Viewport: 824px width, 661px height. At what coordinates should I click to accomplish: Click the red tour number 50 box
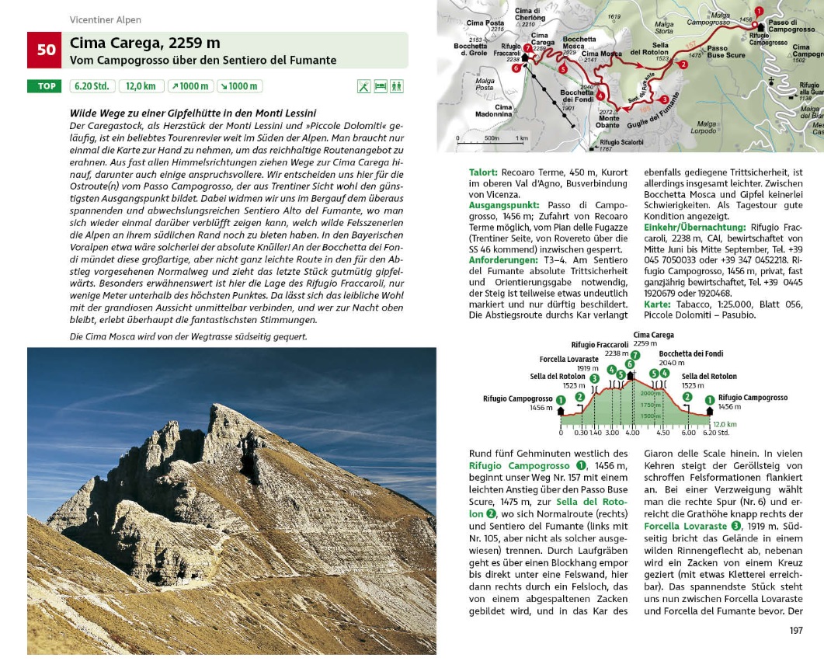pyautogui.click(x=47, y=50)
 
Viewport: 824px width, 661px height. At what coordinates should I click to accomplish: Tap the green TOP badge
pyautogui.click(x=47, y=86)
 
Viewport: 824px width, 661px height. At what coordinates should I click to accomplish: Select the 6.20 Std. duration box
pyautogui.click(x=92, y=86)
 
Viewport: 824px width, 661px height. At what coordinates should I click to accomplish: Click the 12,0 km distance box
pyautogui.click(x=141, y=86)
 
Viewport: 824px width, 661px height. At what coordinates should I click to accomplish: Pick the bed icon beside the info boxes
pyautogui.click(x=381, y=86)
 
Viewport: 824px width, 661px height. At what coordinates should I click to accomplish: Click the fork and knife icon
pyautogui.click(x=363, y=86)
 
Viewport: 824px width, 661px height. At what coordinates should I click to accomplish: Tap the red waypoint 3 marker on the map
pyautogui.click(x=664, y=99)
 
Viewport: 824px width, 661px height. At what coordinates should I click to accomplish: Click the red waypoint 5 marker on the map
pyautogui.click(x=563, y=69)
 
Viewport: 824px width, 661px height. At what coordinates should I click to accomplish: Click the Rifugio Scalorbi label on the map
pyautogui.click(x=621, y=141)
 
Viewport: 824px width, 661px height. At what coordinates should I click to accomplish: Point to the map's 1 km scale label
pyautogui.click(x=521, y=137)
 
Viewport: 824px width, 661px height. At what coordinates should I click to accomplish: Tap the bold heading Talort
pyautogui.click(x=484, y=172)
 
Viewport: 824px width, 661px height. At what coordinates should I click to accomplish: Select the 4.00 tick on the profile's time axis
pyautogui.click(x=631, y=432)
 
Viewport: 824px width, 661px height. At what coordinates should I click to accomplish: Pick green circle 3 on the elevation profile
pyautogui.click(x=594, y=378)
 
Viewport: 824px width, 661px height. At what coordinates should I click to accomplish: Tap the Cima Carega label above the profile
pyautogui.click(x=653, y=335)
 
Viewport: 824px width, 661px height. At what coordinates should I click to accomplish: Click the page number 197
pyautogui.click(x=795, y=630)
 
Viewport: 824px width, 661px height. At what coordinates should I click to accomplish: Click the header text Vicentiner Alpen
pyautogui.click(x=106, y=20)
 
